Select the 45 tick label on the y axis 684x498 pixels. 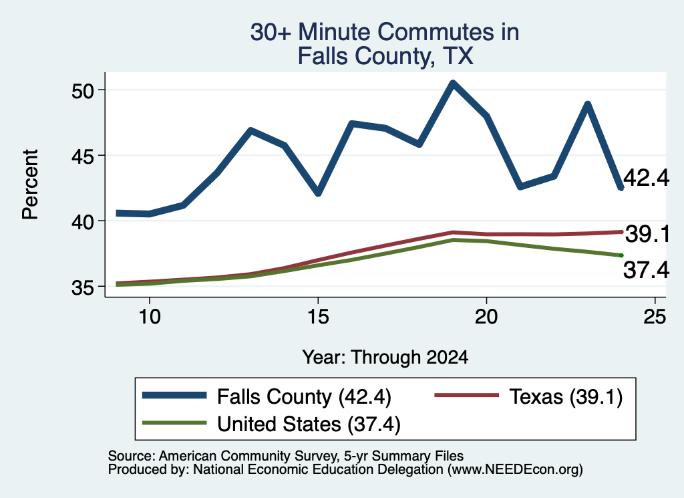point(83,156)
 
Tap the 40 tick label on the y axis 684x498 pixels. point(83,222)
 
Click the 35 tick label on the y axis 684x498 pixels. point(83,287)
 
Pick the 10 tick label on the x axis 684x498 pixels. point(150,316)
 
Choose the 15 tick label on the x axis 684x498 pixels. point(318,316)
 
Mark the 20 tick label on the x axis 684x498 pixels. point(486,316)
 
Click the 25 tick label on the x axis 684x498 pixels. point(655,316)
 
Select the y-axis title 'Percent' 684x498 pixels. point(30,184)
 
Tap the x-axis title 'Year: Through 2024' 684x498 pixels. point(385,357)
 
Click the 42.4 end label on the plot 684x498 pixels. point(646,178)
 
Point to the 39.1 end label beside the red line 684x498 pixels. point(647,234)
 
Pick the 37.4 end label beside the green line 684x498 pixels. point(646,269)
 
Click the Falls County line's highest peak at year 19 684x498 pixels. point(453,83)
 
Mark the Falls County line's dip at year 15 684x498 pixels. point(318,193)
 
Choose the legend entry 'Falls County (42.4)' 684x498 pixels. point(267,396)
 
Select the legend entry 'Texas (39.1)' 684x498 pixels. point(528,396)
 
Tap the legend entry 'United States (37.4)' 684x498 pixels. point(271,424)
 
